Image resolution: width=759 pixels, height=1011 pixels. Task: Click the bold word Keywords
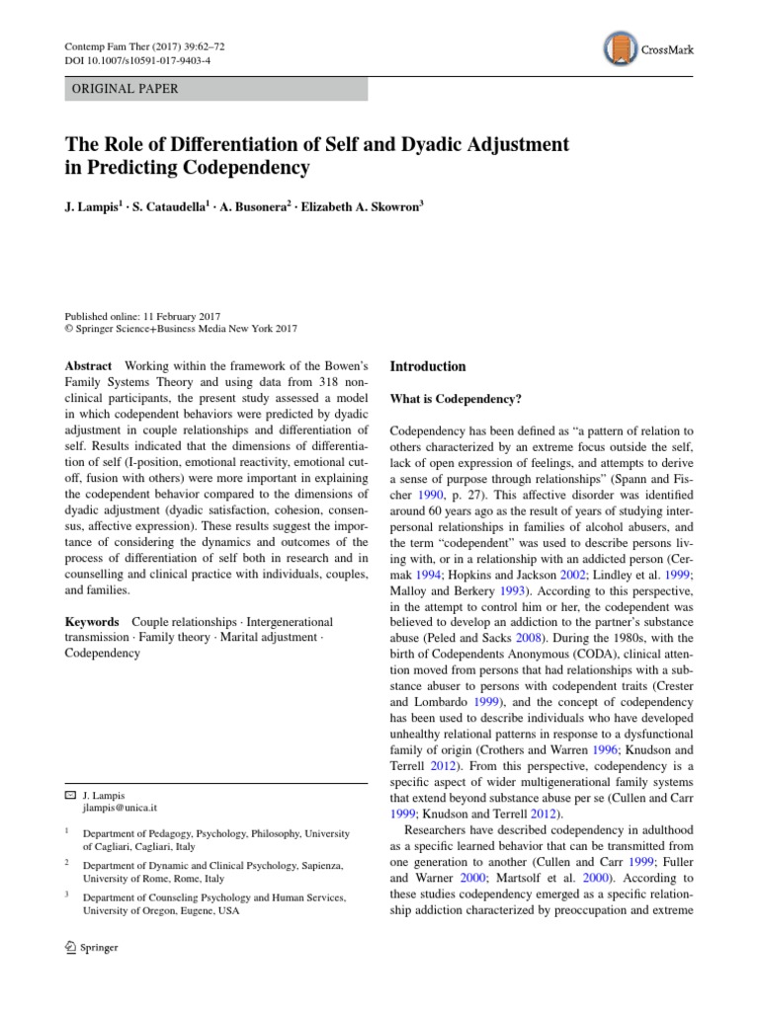click(92, 622)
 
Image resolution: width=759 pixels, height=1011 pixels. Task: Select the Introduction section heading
click(428, 366)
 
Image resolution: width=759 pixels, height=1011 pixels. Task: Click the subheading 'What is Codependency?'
click(456, 399)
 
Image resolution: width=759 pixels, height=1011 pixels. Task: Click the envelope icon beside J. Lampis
click(69, 794)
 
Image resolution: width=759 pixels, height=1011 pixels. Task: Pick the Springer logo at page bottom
click(90, 948)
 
